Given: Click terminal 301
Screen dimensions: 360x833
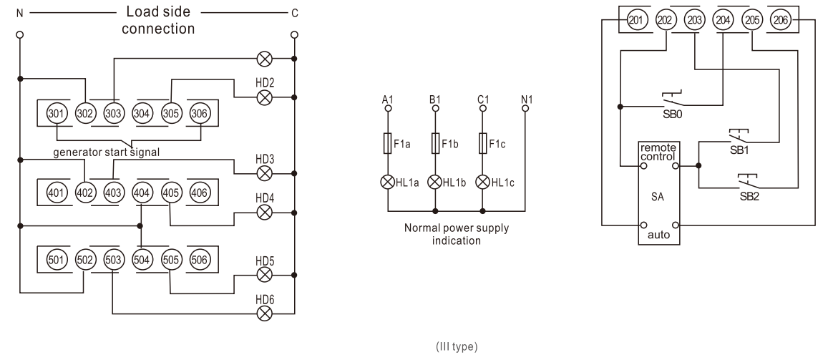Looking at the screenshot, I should point(55,112).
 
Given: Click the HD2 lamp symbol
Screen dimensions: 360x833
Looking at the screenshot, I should point(265,97).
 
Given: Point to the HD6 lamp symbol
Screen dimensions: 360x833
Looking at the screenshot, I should point(265,313).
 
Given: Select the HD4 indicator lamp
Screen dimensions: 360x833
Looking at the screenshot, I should point(265,213).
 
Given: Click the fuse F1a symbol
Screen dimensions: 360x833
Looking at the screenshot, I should point(388,144).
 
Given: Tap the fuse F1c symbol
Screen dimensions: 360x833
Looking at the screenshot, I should point(482,144).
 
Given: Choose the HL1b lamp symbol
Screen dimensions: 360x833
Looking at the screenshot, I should point(435,181).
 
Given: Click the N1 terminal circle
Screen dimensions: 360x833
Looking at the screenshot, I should point(525,110).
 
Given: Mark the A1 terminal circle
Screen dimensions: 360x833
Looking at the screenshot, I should point(388,110).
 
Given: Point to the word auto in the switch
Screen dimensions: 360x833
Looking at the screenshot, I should point(658,234).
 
